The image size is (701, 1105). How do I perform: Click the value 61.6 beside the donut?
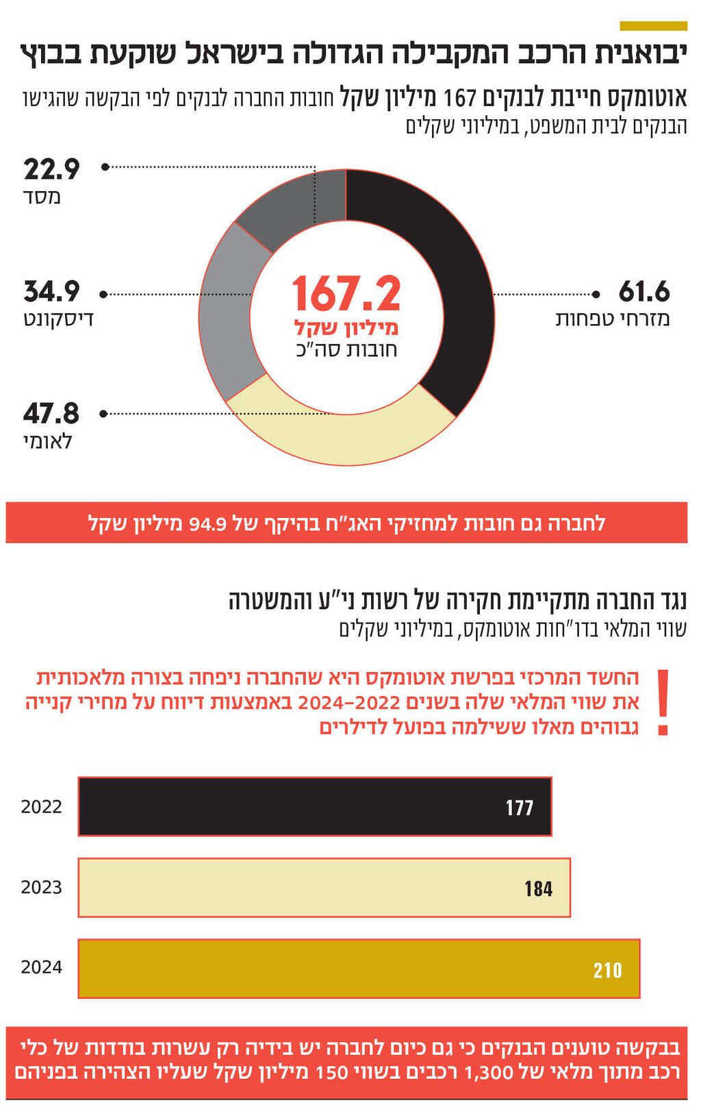tap(643, 292)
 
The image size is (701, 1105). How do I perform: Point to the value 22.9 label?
tap(51, 169)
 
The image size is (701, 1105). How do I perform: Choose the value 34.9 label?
tap(51, 292)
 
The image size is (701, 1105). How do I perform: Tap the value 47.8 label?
tap(51, 414)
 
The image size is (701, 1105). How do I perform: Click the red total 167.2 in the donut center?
tap(346, 295)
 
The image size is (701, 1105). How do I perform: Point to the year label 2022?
tap(41, 807)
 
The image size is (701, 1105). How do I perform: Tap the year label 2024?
tap(41, 967)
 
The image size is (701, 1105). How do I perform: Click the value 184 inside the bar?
tap(538, 889)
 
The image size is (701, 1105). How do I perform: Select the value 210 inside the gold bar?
tap(607, 970)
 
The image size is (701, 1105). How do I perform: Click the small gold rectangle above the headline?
tap(653, 26)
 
